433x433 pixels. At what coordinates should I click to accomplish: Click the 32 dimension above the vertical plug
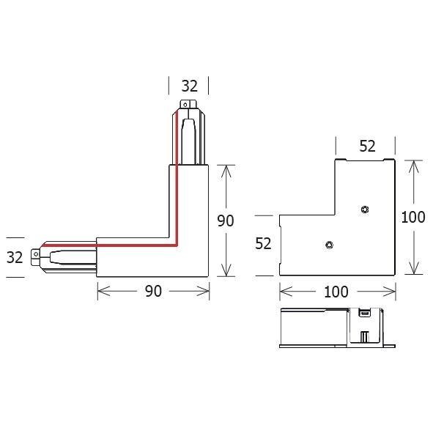(x=189, y=86)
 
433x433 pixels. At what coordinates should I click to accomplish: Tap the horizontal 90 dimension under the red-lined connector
(x=152, y=292)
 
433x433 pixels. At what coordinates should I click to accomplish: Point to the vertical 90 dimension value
(x=226, y=221)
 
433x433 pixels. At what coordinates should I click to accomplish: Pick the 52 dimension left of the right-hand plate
(x=264, y=244)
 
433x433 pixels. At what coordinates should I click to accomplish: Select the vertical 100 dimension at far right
(x=415, y=217)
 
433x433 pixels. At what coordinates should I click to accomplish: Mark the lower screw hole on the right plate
(x=329, y=245)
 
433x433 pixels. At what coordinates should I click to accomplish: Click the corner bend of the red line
(x=177, y=246)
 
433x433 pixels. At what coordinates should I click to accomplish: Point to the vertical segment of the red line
(x=177, y=183)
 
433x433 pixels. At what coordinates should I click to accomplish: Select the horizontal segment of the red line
(x=110, y=247)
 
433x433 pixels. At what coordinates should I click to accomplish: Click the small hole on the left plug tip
(x=34, y=256)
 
